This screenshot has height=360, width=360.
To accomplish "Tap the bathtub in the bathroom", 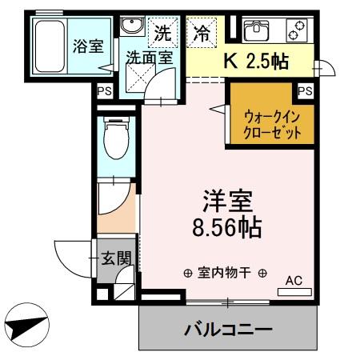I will click(x=53, y=47).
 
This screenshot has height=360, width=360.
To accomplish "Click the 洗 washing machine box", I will click(x=162, y=34).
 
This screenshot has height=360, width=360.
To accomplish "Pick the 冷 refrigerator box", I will click(x=201, y=34).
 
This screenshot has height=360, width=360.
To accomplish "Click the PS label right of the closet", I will click(x=304, y=91).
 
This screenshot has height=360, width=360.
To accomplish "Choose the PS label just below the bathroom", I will click(x=104, y=92).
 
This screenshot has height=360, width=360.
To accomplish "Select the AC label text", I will click(x=294, y=280).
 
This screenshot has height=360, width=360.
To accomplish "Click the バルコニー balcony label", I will click(x=230, y=329).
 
